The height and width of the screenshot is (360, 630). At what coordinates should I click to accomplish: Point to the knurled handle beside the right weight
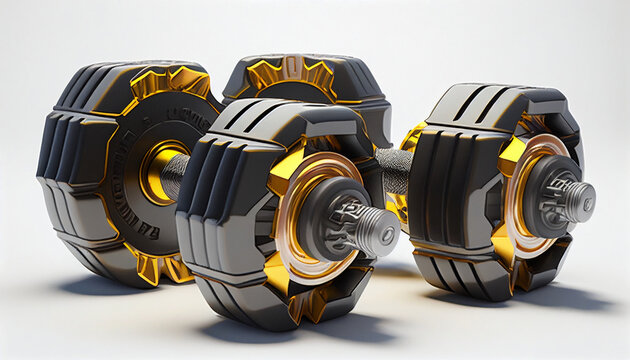click(394, 168)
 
